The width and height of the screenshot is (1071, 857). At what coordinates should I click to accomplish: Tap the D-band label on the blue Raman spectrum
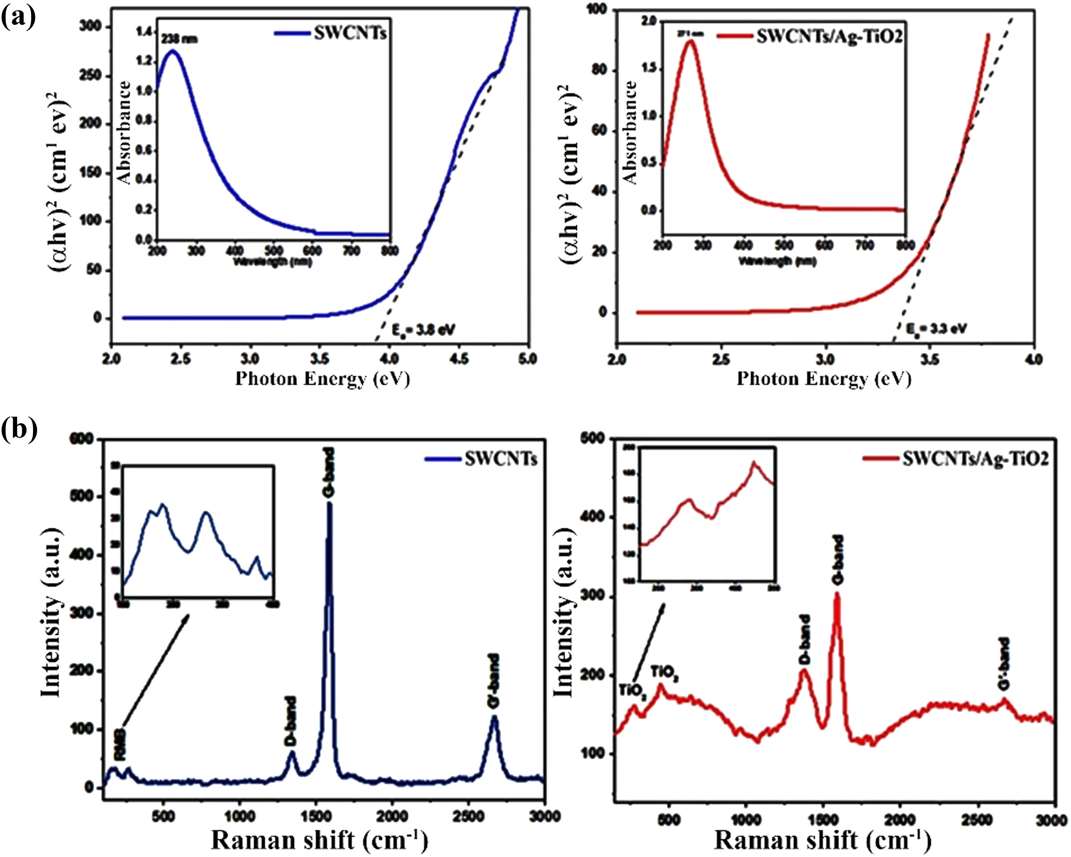coord(290,721)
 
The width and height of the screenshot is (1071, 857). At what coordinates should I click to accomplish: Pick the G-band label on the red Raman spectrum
coord(837,560)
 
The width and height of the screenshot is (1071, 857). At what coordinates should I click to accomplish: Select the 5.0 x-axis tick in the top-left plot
coord(527,359)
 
